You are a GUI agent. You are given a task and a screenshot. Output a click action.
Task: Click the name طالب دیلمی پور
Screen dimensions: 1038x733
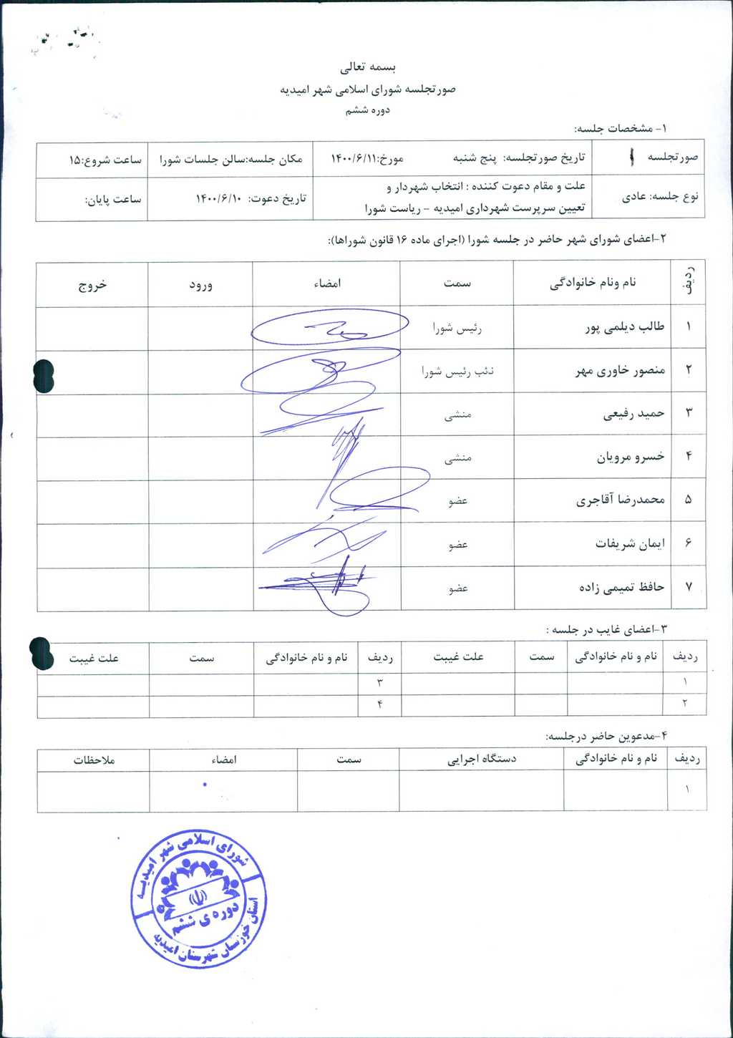click(624, 327)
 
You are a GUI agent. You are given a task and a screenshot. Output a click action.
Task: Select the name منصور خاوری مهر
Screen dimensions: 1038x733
click(620, 371)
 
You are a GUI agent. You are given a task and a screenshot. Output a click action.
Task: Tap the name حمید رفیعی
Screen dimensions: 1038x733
click(634, 414)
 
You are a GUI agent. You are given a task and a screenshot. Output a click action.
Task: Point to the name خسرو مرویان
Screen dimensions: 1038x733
click(631, 457)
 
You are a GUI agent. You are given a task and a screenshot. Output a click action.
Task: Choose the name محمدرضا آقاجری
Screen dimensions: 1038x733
click(620, 500)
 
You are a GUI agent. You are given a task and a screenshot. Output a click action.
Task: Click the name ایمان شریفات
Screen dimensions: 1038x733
click(630, 543)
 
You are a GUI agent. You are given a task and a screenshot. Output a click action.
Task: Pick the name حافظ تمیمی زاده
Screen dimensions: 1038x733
click(621, 587)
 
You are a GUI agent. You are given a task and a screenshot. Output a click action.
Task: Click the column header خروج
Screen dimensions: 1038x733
click(92, 284)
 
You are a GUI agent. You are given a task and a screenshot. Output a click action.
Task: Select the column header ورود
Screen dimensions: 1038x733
click(200, 284)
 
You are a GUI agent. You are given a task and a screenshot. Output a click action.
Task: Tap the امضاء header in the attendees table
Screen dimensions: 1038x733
click(327, 283)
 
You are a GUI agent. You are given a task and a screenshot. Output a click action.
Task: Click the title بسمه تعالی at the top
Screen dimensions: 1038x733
click(367, 67)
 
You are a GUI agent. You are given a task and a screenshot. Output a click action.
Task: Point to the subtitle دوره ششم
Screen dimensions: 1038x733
click(367, 110)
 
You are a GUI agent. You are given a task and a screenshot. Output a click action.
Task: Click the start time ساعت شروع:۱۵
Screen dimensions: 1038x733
click(105, 160)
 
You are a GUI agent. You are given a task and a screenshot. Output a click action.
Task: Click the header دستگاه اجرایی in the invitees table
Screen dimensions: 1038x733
click(481, 759)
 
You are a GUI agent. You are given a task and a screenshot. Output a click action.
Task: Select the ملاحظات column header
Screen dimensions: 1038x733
click(94, 760)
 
